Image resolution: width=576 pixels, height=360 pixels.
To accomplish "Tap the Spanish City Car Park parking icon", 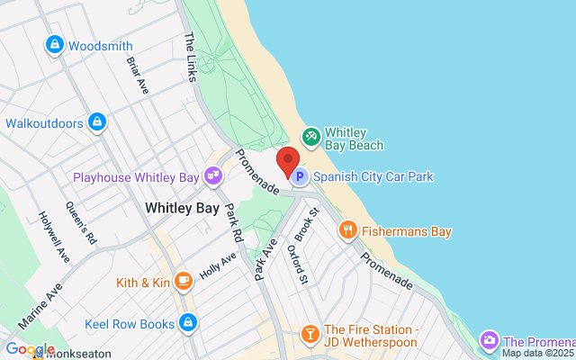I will point(301,176).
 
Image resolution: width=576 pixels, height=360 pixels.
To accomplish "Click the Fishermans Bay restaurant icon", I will point(347,231).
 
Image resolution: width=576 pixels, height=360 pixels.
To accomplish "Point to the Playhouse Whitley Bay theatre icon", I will point(213,176).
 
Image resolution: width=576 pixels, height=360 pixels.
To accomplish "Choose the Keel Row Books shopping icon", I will point(187,321).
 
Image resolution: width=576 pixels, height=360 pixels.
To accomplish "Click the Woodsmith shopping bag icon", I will point(55,44).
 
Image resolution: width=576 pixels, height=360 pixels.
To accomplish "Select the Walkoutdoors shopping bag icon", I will point(97,121).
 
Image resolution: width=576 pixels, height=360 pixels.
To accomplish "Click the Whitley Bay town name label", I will point(183,208).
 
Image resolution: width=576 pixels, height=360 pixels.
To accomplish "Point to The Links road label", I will point(191,55).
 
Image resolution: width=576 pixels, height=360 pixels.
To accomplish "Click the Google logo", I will point(29,349).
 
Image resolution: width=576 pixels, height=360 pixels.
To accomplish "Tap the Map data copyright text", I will point(538,353).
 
